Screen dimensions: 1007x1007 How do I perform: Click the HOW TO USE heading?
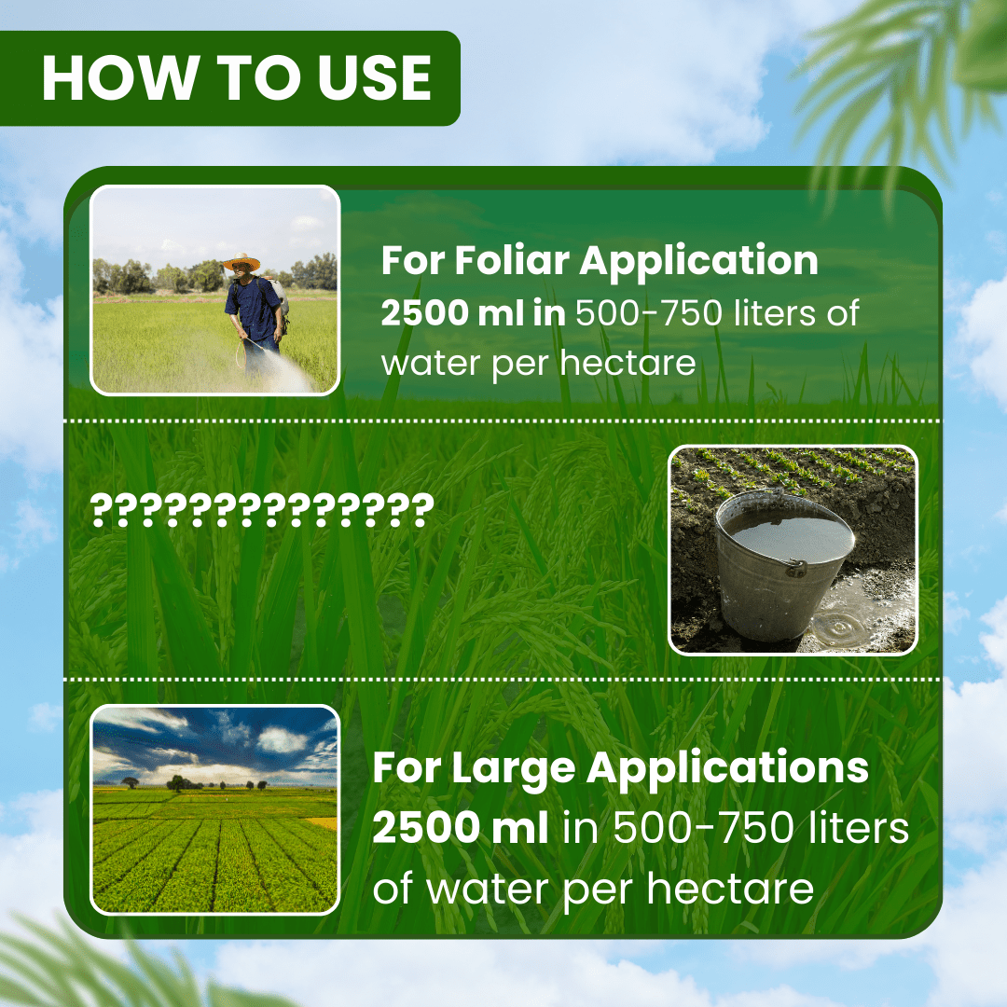(x=236, y=78)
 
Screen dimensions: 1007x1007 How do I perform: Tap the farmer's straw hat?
(x=242, y=262)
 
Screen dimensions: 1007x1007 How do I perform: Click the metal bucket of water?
(x=784, y=565)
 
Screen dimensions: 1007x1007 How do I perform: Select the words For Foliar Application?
(x=600, y=261)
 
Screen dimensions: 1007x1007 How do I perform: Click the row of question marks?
(x=262, y=510)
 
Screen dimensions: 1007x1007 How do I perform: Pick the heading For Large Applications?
(x=620, y=768)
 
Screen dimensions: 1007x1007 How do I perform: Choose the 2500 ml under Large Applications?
(x=460, y=827)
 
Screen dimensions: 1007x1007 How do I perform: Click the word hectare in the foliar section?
(x=628, y=363)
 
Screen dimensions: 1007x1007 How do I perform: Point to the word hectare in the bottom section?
(x=730, y=889)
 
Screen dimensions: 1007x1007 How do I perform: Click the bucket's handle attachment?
(x=795, y=568)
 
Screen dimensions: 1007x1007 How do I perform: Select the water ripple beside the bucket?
(x=838, y=624)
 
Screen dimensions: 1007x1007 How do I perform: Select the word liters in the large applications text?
(x=859, y=827)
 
